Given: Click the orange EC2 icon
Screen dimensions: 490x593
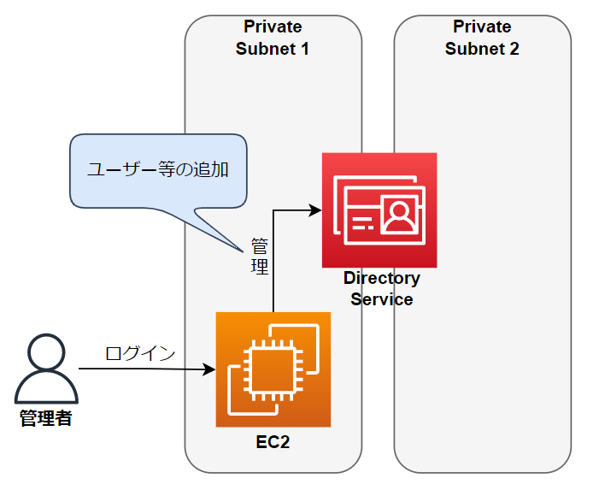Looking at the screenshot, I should pyautogui.click(x=273, y=369).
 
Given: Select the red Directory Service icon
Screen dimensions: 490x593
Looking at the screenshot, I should pyautogui.click(x=379, y=210).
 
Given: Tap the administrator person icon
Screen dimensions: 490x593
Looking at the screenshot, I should pyautogui.click(x=46, y=370).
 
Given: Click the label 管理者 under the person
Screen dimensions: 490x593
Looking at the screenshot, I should pyautogui.click(x=46, y=419).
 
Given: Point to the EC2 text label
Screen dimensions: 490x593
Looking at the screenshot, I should pyautogui.click(x=273, y=443).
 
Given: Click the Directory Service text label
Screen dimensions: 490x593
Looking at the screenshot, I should pyautogui.click(x=381, y=289).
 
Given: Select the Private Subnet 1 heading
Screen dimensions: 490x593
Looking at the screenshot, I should pyautogui.click(x=273, y=38).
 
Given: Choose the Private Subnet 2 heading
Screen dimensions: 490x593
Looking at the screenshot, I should pyautogui.click(x=482, y=38).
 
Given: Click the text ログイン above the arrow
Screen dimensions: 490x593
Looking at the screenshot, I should pyautogui.click(x=140, y=353).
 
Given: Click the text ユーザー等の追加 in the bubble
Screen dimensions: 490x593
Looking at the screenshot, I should pyautogui.click(x=158, y=169).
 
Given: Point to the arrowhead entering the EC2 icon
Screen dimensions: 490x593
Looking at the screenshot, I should pyautogui.click(x=210, y=370).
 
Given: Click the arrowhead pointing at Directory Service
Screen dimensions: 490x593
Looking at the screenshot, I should pyautogui.click(x=316, y=210).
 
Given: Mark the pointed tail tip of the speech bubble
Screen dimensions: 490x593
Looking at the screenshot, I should pyautogui.click(x=242, y=251).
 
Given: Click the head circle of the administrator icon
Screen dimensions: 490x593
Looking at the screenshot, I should pyautogui.click(x=46, y=355).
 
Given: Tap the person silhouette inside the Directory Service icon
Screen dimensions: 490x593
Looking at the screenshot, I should pyautogui.click(x=397, y=215).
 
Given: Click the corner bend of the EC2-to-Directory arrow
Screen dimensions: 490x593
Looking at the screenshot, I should pyautogui.click(x=273, y=210).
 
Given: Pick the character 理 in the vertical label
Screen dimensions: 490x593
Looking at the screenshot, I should pyautogui.click(x=260, y=267).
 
